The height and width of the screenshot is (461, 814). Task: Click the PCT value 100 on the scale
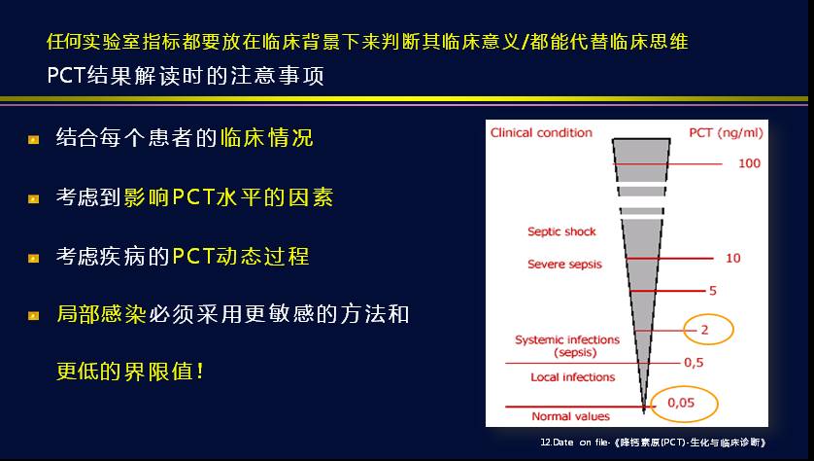point(749,163)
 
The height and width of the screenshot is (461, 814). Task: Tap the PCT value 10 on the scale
point(733,258)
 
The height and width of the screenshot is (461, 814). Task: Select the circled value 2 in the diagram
point(704,330)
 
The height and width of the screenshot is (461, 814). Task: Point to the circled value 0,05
point(681,403)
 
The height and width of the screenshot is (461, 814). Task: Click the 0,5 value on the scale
point(694,363)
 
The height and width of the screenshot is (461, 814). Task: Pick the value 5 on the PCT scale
point(713,291)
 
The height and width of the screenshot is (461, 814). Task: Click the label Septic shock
point(561,231)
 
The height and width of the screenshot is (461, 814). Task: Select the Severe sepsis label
point(564,264)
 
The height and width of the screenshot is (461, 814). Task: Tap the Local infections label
point(572,377)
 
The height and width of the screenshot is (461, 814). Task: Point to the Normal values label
point(570,416)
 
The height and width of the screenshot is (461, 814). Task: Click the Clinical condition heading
point(541,132)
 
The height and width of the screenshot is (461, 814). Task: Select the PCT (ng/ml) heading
point(726,133)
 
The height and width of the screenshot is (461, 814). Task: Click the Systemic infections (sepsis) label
point(567,346)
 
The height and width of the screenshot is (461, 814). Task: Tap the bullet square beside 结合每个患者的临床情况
point(34,139)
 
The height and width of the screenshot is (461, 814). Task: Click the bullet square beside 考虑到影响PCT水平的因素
point(34,198)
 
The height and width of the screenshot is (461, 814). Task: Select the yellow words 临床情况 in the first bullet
point(267,138)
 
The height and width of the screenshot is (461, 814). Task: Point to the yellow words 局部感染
point(102,314)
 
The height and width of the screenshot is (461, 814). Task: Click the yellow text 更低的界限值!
point(130,372)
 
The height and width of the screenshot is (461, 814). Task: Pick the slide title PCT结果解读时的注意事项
point(186,75)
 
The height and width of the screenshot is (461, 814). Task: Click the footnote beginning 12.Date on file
point(653,443)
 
